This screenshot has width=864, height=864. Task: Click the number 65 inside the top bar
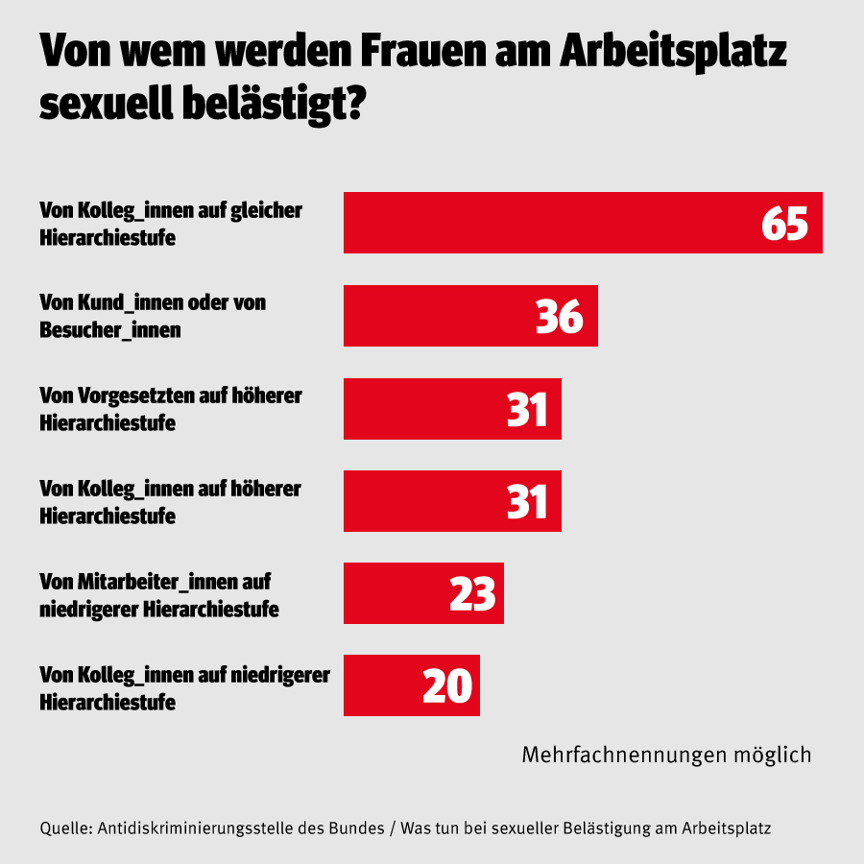pos(785,223)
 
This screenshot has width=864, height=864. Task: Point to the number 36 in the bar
pos(560,316)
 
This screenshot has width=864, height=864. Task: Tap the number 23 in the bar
pos(472,594)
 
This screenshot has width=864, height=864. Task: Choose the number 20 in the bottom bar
pos(447,685)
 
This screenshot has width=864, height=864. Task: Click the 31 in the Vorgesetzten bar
pos(527,409)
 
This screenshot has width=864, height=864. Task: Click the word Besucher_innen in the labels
pos(110,330)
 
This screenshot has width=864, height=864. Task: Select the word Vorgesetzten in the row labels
pos(135,395)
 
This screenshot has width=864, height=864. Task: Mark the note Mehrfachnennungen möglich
pos(666,755)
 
